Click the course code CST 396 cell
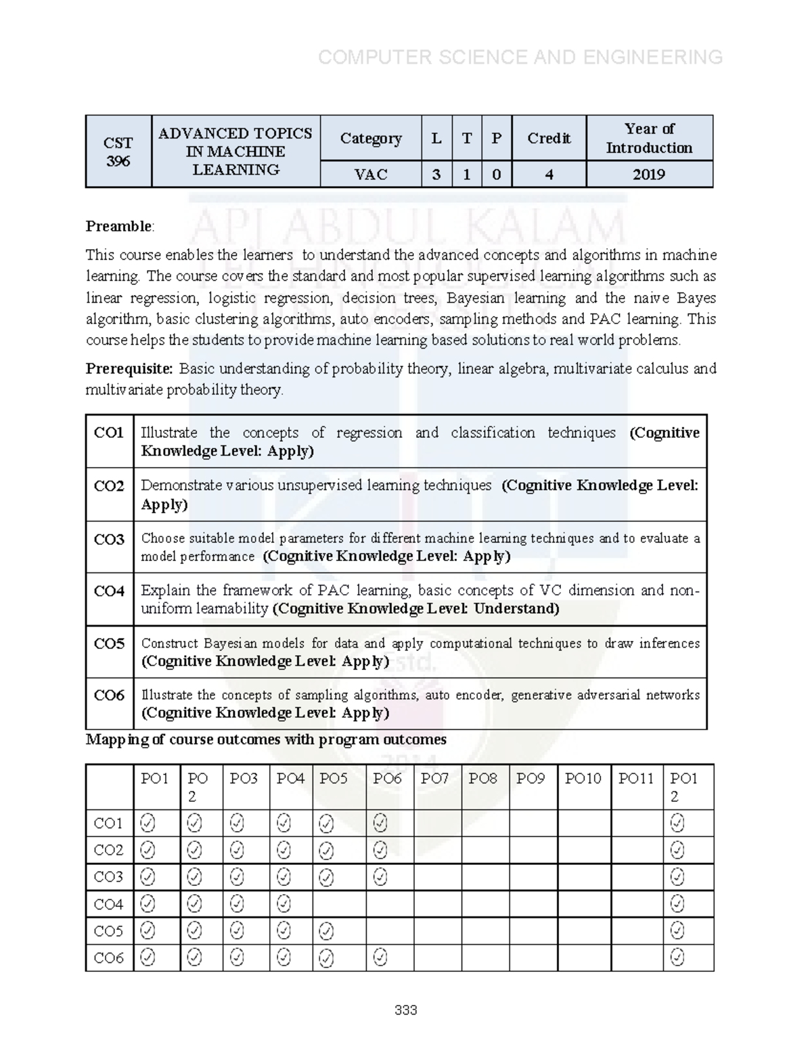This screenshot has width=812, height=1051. pos(118,152)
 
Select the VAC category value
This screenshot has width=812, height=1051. pos(371,175)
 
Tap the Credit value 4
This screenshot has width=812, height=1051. pos(549,175)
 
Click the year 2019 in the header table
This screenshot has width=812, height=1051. pos(649,175)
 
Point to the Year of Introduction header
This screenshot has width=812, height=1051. pos(649,138)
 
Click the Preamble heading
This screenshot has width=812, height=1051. pos(119,226)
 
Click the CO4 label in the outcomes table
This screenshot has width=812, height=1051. pos(109,591)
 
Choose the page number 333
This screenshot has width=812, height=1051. pos(405,1010)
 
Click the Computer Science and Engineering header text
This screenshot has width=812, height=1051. pos(520,58)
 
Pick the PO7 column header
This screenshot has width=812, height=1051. pos(434,779)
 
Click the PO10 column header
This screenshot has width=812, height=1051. pos(583,779)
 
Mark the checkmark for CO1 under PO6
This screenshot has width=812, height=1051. pos(380,823)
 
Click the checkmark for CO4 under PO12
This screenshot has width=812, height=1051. pos(677,904)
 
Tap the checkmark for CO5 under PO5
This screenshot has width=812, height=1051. pos(326,932)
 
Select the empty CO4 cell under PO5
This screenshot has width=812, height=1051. pos(339,904)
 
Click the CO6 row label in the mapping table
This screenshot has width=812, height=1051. pos(109,958)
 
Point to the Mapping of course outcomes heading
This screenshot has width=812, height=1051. pos(266,740)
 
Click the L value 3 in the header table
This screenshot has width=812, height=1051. pos(436,175)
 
